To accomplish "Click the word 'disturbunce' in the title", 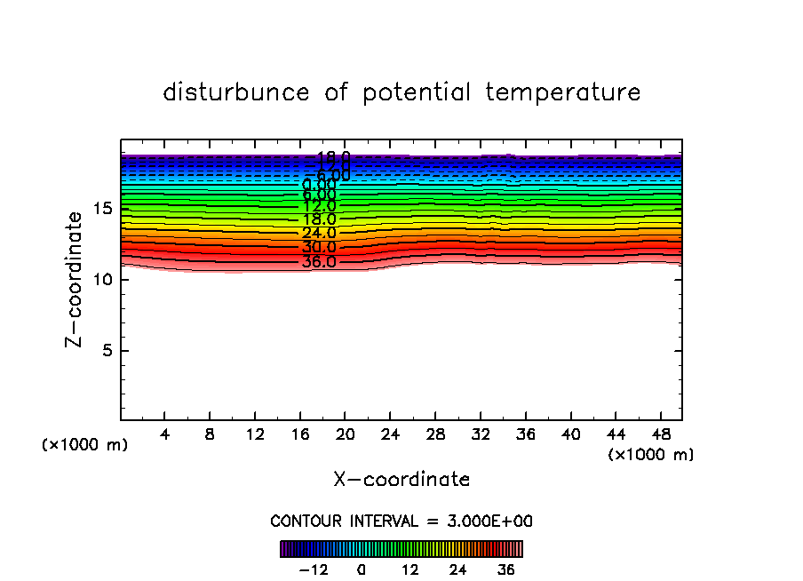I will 236,92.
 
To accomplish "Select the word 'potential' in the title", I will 416,92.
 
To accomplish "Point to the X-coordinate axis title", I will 401,480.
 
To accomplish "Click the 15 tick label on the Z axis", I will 102,209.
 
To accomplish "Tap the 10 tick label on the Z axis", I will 102,280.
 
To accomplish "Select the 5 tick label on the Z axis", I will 107,350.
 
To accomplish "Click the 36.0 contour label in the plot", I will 319,262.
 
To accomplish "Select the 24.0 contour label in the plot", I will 319,234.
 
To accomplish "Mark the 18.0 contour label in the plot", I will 319,219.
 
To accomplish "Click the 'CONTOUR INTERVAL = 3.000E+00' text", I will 401,521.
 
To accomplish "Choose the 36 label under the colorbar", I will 506,569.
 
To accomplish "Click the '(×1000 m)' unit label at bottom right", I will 651,455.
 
